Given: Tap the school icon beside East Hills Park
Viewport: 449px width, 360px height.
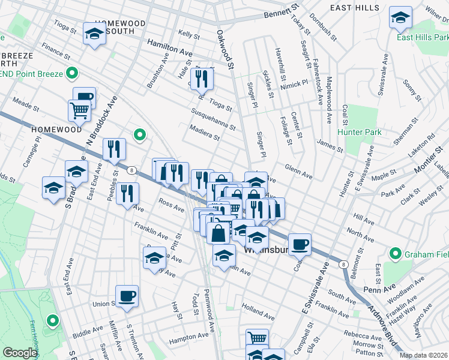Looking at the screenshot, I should click(400, 18).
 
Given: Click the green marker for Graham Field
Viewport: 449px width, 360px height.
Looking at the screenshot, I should click(396, 254).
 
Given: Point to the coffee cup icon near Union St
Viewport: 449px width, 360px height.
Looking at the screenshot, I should click(127, 296).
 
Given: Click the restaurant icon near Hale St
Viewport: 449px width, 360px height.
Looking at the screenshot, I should click(202, 79).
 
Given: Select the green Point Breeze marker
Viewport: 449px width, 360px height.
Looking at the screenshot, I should click(72, 74).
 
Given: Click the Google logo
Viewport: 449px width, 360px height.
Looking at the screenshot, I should click(20, 353).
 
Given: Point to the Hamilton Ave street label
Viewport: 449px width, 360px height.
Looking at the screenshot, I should click(170, 48).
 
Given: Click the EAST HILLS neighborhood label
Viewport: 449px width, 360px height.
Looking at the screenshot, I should click(355, 8).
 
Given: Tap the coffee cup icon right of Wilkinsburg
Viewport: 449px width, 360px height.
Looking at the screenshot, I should click(300, 245).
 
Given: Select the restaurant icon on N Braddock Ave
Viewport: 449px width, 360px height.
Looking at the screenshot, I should click(114, 150).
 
